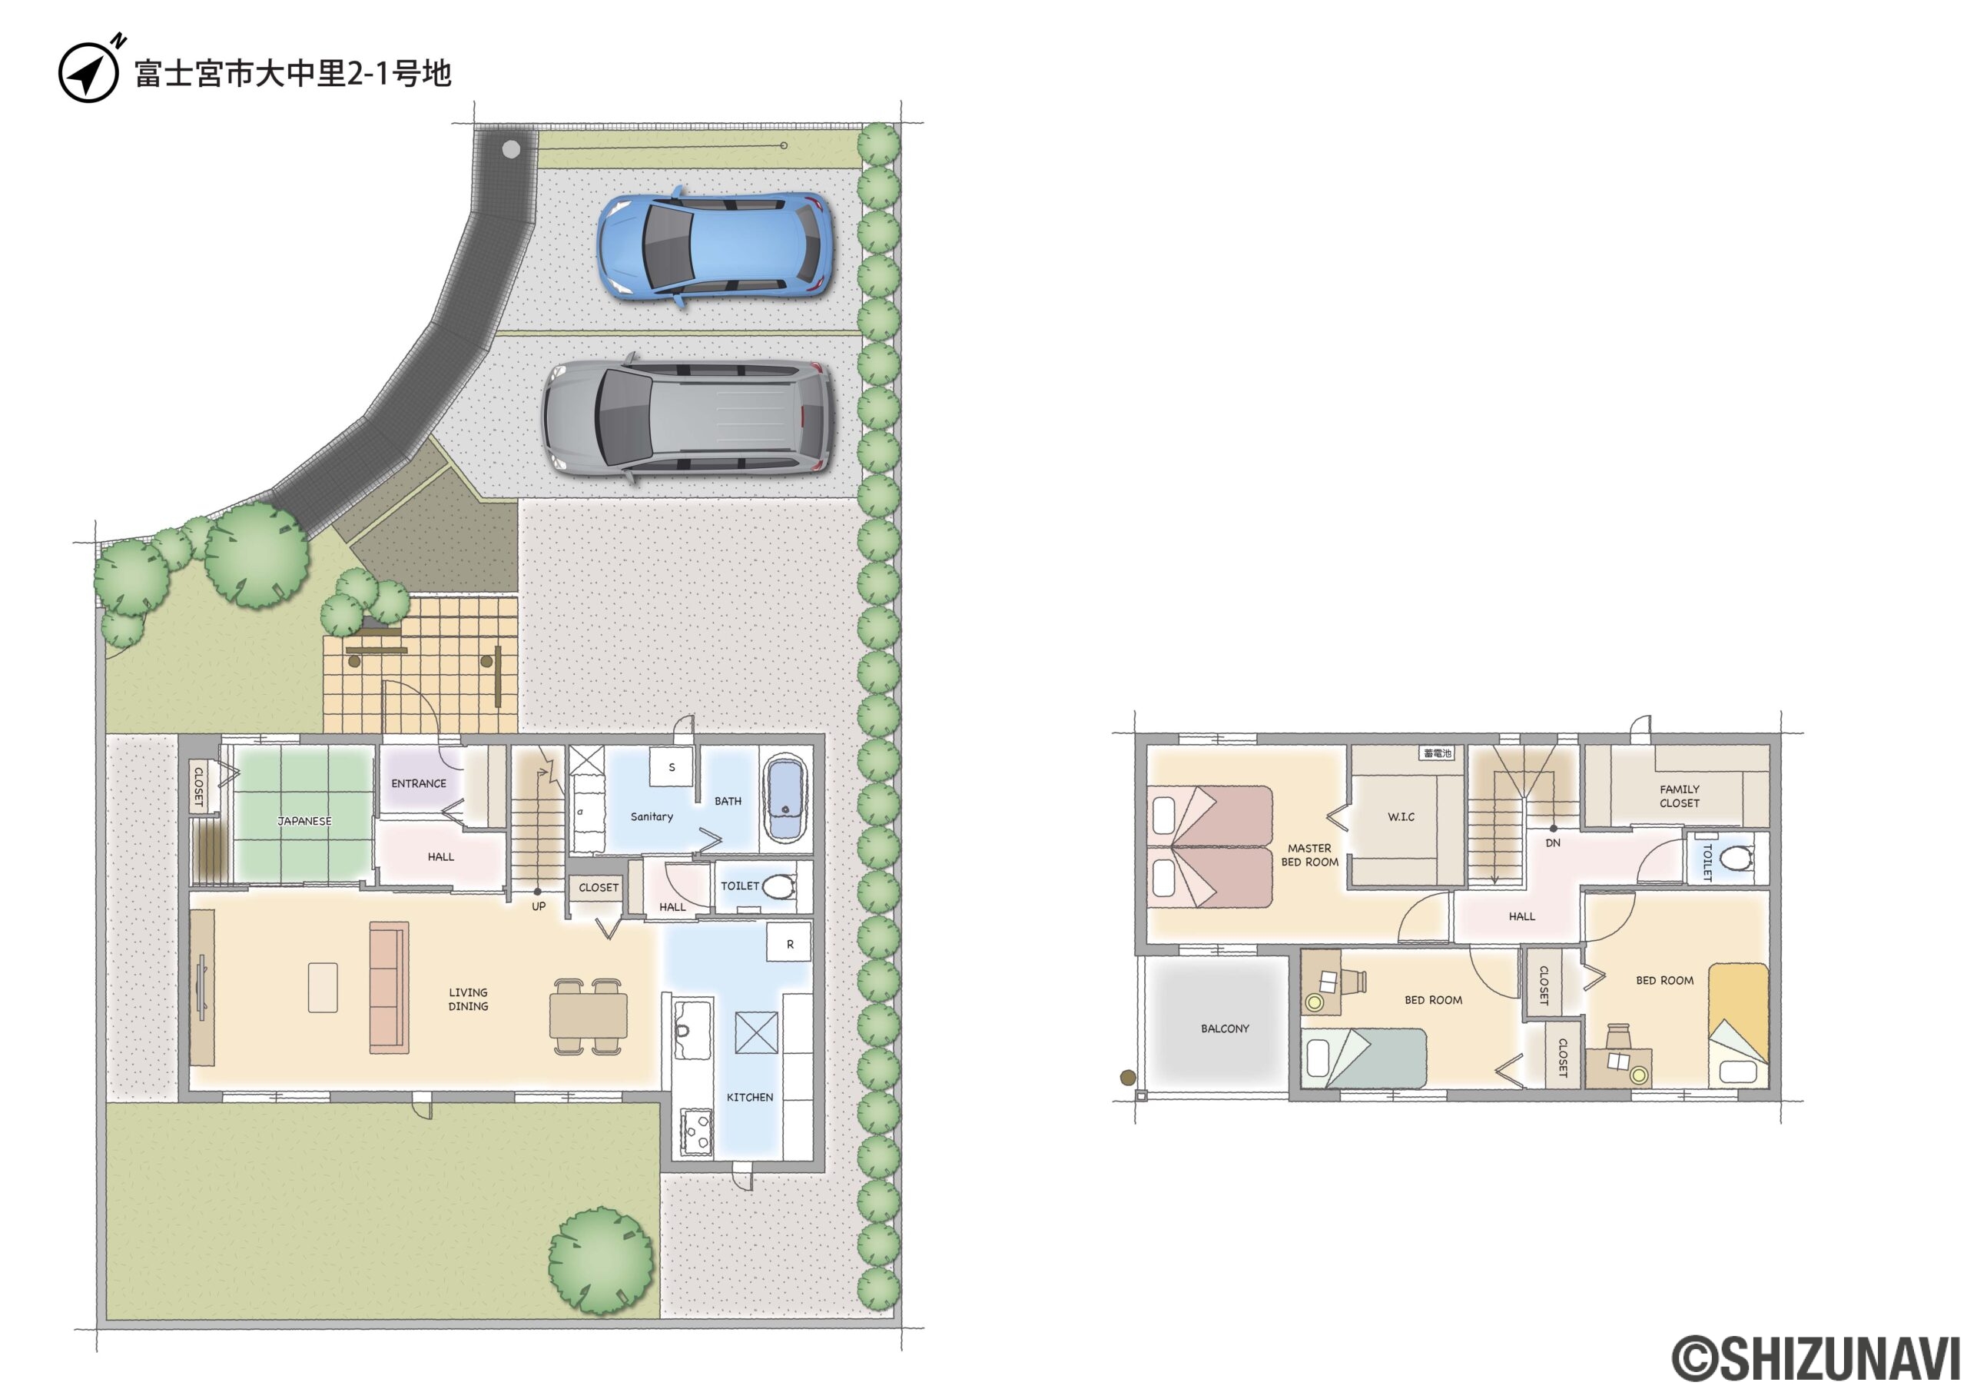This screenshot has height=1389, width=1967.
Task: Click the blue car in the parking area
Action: click(x=714, y=246)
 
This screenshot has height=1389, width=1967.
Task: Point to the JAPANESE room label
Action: click(x=304, y=821)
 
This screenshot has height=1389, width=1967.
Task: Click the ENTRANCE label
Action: click(x=419, y=783)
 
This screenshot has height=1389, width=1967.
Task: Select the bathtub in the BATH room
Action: click(x=785, y=799)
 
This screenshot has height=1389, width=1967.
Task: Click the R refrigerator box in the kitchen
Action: click(x=789, y=943)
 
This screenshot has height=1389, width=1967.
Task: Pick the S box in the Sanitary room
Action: click(x=671, y=767)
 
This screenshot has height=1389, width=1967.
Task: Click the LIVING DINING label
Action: click(x=468, y=999)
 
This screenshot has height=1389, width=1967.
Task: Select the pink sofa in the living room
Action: click(x=389, y=987)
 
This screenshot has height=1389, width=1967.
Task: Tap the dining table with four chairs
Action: click(x=589, y=1016)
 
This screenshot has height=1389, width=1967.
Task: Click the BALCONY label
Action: click(x=1225, y=1028)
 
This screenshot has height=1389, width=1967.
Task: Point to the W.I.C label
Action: click(x=1401, y=816)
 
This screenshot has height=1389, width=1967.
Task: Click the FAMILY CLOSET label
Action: click(x=1679, y=796)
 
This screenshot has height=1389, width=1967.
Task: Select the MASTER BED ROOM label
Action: click(x=1309, y=856)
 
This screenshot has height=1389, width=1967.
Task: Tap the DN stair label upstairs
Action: click(x=1552, y=843)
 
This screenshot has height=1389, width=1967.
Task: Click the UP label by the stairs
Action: click(x=538, y=906)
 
